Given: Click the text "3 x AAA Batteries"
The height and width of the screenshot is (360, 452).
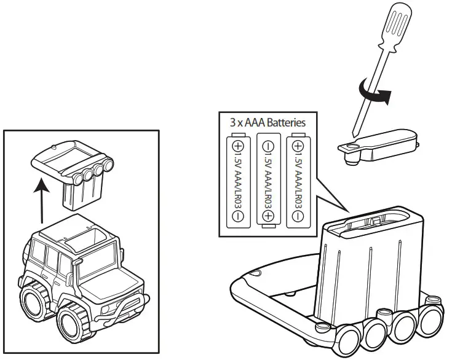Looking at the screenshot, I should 268,122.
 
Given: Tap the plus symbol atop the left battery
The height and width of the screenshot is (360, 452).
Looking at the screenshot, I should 238,147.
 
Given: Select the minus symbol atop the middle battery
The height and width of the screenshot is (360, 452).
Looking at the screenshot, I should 268,147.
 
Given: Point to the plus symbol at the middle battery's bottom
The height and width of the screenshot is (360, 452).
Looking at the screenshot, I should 268,216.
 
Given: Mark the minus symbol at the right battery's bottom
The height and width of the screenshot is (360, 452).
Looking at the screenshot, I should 298,216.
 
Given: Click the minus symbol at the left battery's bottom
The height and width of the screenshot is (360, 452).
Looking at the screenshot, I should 238,216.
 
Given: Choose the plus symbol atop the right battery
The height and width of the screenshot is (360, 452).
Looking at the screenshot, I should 298,147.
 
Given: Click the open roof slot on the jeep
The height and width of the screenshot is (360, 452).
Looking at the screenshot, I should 83,236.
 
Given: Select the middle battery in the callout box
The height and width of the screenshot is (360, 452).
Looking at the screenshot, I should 268,181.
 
